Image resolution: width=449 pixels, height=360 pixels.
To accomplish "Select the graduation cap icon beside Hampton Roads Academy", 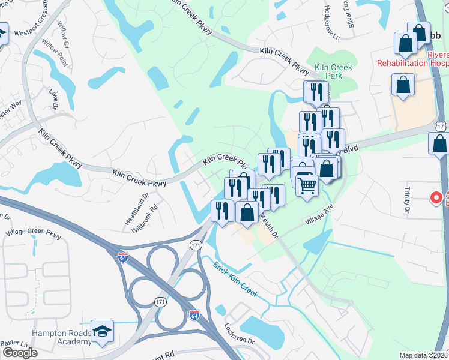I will (103, 332).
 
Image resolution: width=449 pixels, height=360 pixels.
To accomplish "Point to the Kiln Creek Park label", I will (333, 73).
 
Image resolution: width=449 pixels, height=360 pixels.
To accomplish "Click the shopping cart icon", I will (307, 185).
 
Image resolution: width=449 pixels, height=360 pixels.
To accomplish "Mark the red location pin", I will (436, 197).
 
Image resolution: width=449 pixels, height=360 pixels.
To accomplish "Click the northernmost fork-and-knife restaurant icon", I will (315, 92).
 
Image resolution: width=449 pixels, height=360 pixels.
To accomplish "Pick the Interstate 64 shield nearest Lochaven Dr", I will (194, 314).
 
